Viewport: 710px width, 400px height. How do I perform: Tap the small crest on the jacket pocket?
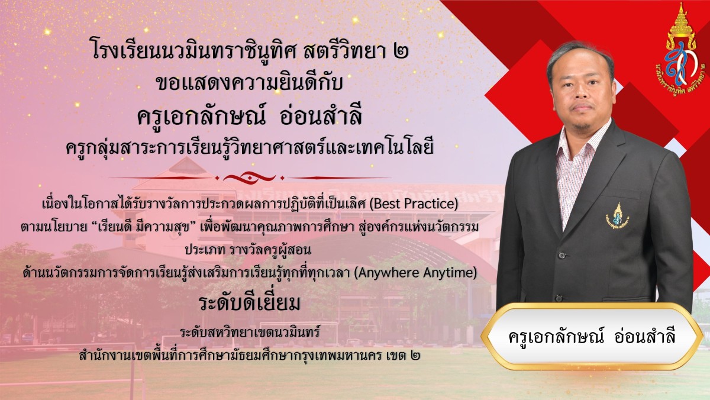tap(617, 216)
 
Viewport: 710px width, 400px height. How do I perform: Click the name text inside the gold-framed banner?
tap(592, 336)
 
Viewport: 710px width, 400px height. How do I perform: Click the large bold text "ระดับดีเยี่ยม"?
tap(250, 303)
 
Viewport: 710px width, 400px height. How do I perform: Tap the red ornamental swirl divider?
tap(250, 177)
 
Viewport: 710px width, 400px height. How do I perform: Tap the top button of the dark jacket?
tap(562, 254)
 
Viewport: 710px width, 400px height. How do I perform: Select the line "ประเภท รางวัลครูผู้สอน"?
tap(248, 250)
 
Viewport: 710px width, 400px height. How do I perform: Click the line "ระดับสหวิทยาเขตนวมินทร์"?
tap(250, 332)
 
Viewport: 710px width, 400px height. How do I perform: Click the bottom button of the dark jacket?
tap(559, 299)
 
